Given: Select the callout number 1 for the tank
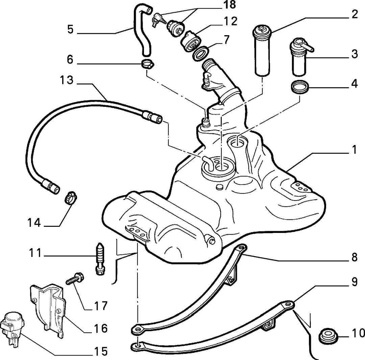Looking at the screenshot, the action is [x=354, y=150].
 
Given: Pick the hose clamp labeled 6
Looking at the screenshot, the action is [x=148, y=63].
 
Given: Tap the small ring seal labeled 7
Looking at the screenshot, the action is [x=200, y=53].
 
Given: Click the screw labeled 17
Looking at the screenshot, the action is [x=75, y=279].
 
